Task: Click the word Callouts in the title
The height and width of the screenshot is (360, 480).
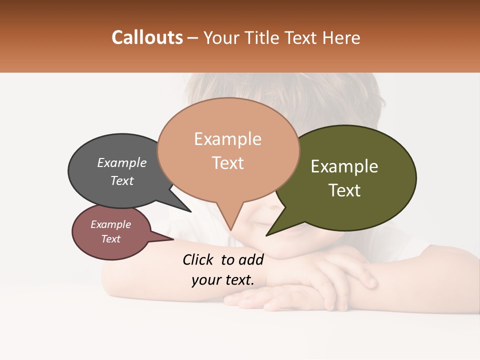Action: (x=147, y=37)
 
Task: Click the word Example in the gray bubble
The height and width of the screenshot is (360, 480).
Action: (x=122, y=162)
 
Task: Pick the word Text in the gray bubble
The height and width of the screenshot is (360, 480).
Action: (x=122, y=180)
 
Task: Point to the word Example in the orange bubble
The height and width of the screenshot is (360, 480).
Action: (x=228, y=139)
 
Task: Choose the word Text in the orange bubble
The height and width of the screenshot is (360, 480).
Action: (x=228, y=162)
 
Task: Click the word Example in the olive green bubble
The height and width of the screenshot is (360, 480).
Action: (x=344, y=166)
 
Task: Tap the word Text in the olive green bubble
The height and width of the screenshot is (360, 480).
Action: (x=344, y=190)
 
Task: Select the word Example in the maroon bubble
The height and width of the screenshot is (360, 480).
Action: (x=111, y=224)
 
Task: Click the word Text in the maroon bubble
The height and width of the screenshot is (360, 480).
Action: (x=111, y=238)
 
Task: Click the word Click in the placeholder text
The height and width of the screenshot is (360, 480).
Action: (x=198, y=259)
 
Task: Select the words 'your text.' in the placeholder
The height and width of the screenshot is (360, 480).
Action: (x=222, y=280)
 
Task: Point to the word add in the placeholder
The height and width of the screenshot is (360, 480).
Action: (x=251, y=259)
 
